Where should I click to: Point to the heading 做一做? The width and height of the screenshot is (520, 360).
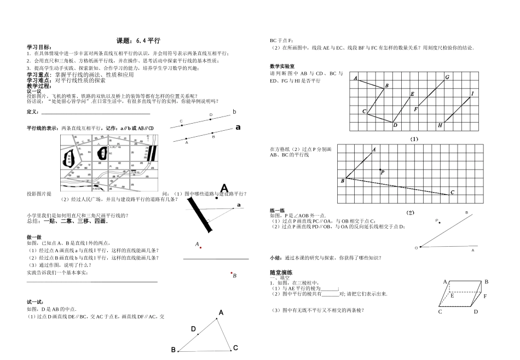point(34,236)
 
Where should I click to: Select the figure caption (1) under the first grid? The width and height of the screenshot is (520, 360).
point(414,138)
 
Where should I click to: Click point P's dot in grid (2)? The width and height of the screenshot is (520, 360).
point(380,169)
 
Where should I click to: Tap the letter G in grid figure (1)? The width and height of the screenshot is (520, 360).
point(447,77)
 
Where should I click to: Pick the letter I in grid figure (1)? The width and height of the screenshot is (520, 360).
point(472,94)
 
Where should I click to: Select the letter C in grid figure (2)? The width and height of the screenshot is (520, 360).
point(452,192)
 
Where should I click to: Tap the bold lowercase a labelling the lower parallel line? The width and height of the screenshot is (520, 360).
point(238,127)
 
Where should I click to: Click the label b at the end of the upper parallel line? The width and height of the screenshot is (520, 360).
point(234,112)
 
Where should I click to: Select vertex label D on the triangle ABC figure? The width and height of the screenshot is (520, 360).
point(193,329)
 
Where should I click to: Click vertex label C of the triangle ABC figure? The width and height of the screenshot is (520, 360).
point(235,347)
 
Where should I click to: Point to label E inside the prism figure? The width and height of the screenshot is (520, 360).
point(452,295)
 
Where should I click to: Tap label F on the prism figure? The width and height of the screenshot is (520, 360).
point(485,296)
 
